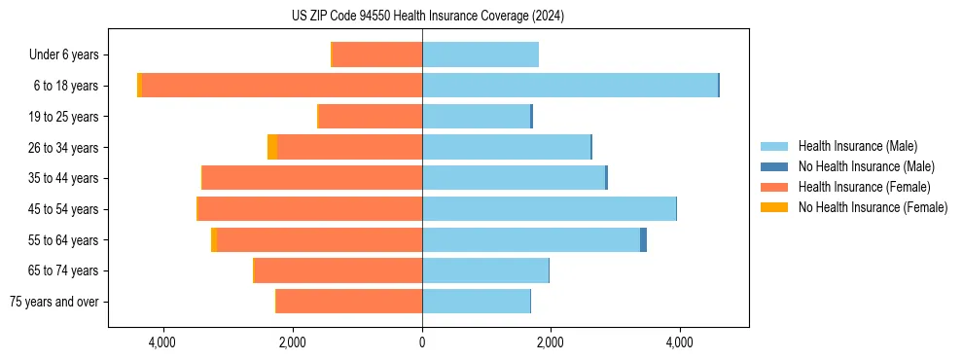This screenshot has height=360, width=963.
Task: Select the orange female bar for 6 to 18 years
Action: [282, 86]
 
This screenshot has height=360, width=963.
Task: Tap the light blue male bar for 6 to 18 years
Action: [569, 86]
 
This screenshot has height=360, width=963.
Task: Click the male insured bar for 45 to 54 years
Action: [549, 208]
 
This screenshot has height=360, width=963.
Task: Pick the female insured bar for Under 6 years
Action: [377, 54]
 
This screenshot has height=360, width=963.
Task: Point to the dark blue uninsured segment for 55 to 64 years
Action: [643, 239]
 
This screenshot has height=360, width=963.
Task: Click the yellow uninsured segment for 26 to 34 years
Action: [272, 147]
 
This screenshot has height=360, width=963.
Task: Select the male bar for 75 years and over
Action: [476, 301]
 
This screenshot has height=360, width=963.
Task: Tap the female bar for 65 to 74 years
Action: [339, 270]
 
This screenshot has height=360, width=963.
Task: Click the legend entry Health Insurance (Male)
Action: [856, 146]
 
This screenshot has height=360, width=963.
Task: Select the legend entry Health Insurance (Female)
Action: [864, 187]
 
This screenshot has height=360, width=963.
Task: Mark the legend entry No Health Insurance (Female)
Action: [873, 207]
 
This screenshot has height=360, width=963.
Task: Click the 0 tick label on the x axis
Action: [422, 342]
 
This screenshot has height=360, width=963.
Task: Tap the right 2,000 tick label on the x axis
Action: [551, 342]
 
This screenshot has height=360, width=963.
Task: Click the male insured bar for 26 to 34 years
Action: [506, 147]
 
